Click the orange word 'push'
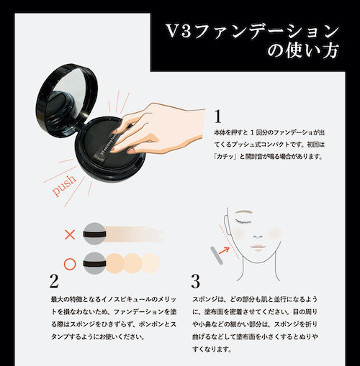pyautogui.click(x=64, y=185)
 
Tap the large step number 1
pyautogui.click(x=217, y=116)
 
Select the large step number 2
pyautogui.click(x=54, y=280)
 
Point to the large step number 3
pyautogui.click(x=195, y=281)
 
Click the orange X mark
pyautogui.click(x=70, y=234)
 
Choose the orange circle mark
pyautogui.click(x=70, y=264)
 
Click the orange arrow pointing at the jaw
pyautogui.click(x=225, y=250)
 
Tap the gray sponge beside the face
pyautogui.click(x=217, y=255)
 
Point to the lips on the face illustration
pyautogui.click(x=258, y=247)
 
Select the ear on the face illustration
pyautogui.click(x=228, y=224)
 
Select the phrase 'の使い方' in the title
pyautogui.click(x=303, y=50)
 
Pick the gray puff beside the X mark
pyautogui.click(x=94, y=234)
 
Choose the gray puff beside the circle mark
pyautogui.click(x=94, y=263)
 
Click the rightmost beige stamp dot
pyautogui.click(x=150, y=264)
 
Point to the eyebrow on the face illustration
pyautogui.click(x=243, y=212)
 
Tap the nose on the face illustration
pyautogui.click(x=258, y=237)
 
